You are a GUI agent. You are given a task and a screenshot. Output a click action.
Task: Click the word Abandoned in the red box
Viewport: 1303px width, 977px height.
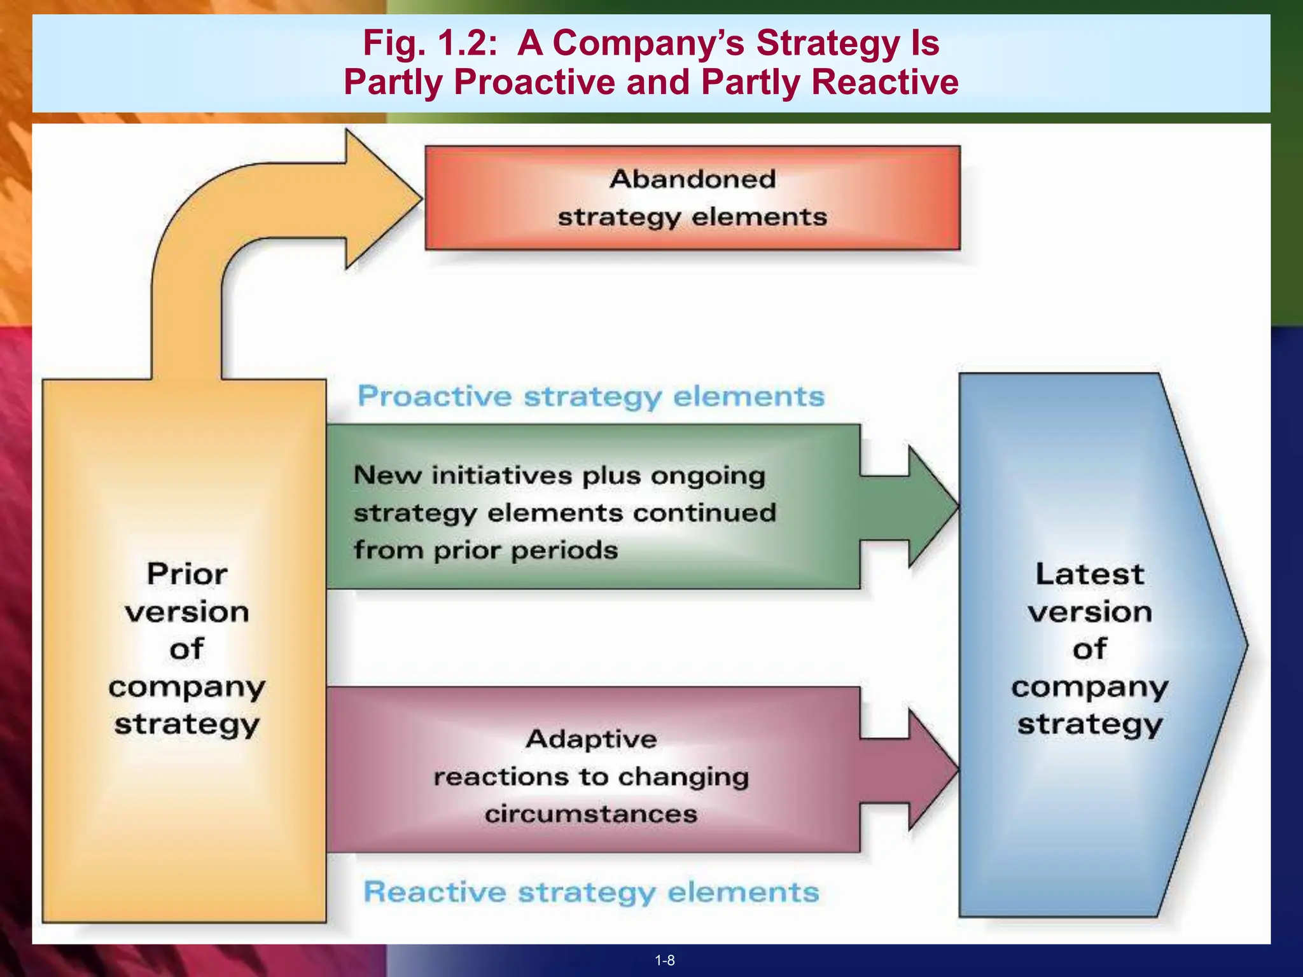click(x=692, y=179)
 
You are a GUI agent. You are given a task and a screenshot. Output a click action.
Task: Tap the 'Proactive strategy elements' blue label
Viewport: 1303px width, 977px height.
click(x=591, y=396)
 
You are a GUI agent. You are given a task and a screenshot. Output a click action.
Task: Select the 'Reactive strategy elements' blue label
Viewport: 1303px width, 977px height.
click(x=591, y=892)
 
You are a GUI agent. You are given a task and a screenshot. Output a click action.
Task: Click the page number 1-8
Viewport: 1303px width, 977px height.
click(x=665, y=960)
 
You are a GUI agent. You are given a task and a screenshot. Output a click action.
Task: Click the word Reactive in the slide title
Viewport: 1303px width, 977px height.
click(x=885, y=82)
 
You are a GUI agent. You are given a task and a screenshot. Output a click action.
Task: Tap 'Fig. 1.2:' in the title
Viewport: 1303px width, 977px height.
click(x=430, y=43)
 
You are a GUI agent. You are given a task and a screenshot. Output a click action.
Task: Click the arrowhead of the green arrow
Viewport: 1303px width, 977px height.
click(x=932, y=506)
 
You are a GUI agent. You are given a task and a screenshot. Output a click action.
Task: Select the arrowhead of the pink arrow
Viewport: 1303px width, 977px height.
click(x=932, y=770)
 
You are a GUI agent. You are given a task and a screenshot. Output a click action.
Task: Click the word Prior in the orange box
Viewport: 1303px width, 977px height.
click(x=187, y=574)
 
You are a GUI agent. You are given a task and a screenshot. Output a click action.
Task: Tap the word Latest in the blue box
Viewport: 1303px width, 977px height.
click(x=1090, y=574)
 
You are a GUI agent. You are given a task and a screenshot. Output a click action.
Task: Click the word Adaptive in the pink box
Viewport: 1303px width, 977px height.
click(x=591, y=739)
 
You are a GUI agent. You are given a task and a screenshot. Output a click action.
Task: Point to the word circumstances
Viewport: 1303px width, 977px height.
click(x=591, y=814)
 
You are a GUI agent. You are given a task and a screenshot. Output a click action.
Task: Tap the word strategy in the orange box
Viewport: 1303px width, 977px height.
click(x=187, y=724)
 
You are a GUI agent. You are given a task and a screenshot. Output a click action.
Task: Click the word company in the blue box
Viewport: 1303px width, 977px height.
click(x=1090, y=688)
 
